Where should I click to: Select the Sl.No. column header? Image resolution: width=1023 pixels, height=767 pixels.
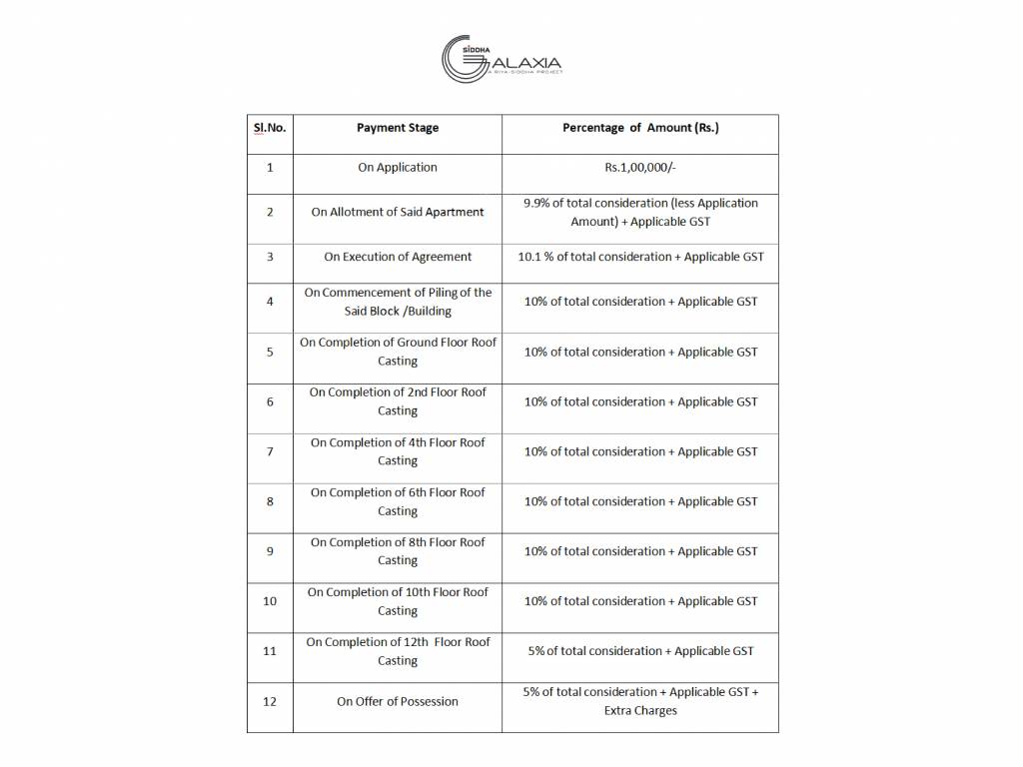[x=269, y=128]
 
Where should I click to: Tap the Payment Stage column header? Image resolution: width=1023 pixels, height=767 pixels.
[x=398, y=128]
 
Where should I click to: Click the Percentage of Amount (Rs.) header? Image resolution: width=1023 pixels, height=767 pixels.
[x=640, y=128]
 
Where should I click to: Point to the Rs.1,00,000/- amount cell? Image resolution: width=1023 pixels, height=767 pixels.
[x=640, y=168]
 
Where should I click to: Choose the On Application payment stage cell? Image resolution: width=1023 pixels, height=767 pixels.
[x=398, y=168]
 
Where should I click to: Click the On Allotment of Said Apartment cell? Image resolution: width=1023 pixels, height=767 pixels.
[x=398, y=212]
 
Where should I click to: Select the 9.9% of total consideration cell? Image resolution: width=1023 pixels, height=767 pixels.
[x=640, y=212]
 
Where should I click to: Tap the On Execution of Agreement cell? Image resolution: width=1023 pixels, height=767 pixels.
[x=398, y=257]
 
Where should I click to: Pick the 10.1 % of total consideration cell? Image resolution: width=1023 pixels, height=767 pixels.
[x=640, y=257]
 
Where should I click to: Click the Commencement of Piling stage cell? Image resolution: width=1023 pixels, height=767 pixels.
[x=398, y=302]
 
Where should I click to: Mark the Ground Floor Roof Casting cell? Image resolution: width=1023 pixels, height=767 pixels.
[x=398, y=352]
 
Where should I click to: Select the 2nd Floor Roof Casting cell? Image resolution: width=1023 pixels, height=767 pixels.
[x=398, y=401]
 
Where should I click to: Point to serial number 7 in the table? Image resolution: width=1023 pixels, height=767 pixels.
[x=270, y=451]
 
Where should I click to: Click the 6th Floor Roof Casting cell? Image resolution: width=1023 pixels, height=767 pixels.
[x=398, y=501]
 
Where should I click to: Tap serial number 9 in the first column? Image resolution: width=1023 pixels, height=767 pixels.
[x=270, y=551]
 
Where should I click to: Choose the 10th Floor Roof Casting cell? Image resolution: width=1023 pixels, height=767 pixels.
[x=398, y=601]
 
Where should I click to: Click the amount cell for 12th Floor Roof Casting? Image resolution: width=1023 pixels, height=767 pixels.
[x=640, y=651]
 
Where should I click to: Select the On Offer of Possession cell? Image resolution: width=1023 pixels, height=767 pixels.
[x=398, y=702]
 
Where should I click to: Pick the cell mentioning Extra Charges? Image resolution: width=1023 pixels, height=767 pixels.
[x=640, y=701]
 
